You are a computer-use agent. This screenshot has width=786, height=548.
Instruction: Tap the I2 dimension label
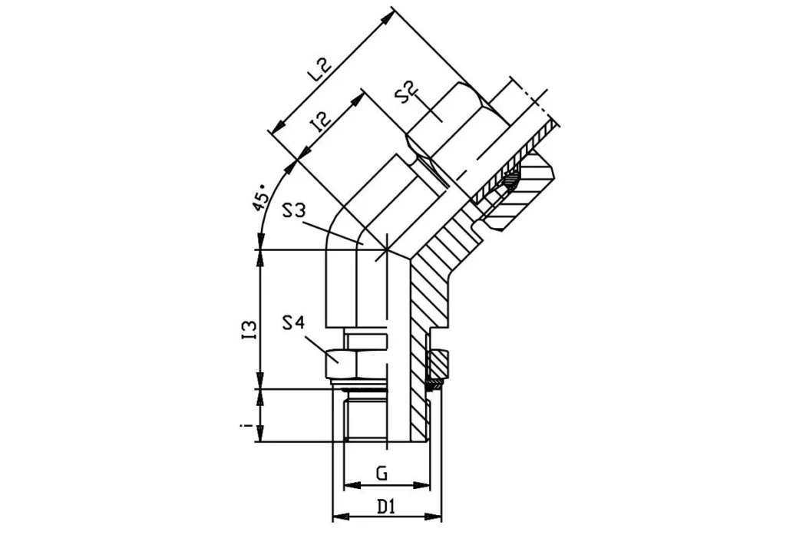point(320,123)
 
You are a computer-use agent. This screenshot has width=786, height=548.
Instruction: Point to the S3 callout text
point(296,210)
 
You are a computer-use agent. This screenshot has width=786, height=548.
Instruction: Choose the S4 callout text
point(294,323)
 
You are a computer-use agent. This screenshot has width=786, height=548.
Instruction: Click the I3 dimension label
point(248,328)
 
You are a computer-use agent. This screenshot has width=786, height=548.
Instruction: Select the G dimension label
point(381,474)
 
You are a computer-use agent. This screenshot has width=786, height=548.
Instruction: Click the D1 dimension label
point(385,507)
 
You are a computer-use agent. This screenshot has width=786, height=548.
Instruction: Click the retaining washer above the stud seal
point(438,361)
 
